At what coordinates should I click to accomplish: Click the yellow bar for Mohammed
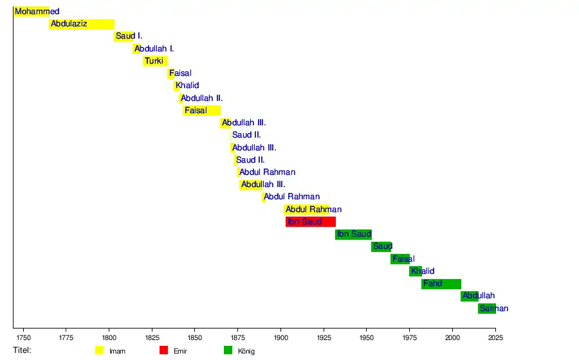(32, 12)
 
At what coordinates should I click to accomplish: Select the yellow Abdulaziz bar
(82, 24)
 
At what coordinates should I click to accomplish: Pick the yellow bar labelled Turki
(155, 61)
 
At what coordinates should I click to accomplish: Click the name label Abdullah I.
(154, 49)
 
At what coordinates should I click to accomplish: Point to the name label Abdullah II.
(202, 98)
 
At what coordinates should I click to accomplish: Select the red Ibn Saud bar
(311, 222)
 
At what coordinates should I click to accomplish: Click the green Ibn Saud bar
(353, 234)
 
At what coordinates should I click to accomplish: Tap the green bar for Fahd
(441, 283)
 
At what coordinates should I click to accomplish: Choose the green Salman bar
(486, 309)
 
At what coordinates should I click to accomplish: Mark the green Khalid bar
(416, 271)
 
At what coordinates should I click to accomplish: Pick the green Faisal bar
(400, 259)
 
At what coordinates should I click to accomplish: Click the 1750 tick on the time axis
(23, 337)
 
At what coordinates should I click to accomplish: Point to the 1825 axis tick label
(152, 337)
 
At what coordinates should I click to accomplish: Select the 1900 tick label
(280, 337)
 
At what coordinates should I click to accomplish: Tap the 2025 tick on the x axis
(495, 337)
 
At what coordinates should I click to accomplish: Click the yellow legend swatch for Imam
(99, 350)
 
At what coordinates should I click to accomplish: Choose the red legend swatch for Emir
(163, 350)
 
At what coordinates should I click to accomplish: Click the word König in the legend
(246, 351)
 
